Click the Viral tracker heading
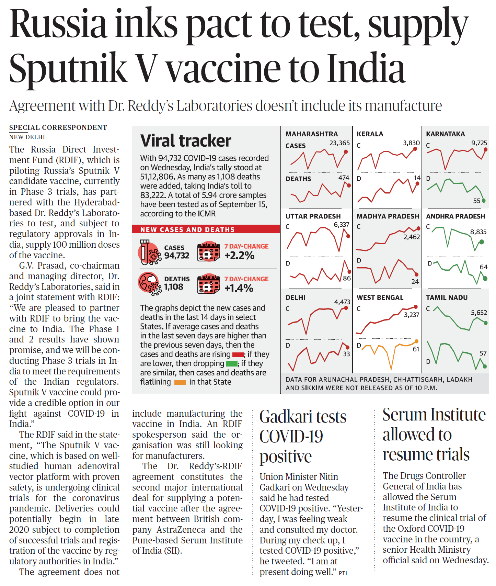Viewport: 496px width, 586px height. (x=186, y=141)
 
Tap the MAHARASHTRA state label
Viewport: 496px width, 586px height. (x=311, y=134)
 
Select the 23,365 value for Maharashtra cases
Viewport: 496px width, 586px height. (x=339, y=143)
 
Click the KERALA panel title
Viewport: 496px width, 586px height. (x=370, y=134)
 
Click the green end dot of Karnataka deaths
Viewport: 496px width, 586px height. (x=484, y=201)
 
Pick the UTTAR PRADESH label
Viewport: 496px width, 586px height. (x=313, y=216)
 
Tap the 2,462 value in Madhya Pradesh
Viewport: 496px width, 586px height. (x=411, y=237)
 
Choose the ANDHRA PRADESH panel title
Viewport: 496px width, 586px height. (x=455, y=216)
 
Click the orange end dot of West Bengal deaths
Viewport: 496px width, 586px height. (x=416, y=341)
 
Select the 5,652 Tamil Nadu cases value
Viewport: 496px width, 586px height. (x=478, y=313)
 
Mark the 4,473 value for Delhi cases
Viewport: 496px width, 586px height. (x=342, y=302)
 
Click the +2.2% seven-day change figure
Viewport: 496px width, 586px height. (x=239, y=256)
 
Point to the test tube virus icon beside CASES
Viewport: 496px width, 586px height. (x=149, y=252)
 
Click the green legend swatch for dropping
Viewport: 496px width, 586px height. (x=231, y=364)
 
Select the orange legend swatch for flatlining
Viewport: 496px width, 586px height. (x=180, y=382)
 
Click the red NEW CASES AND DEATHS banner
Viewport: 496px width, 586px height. (x=206, y=229)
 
